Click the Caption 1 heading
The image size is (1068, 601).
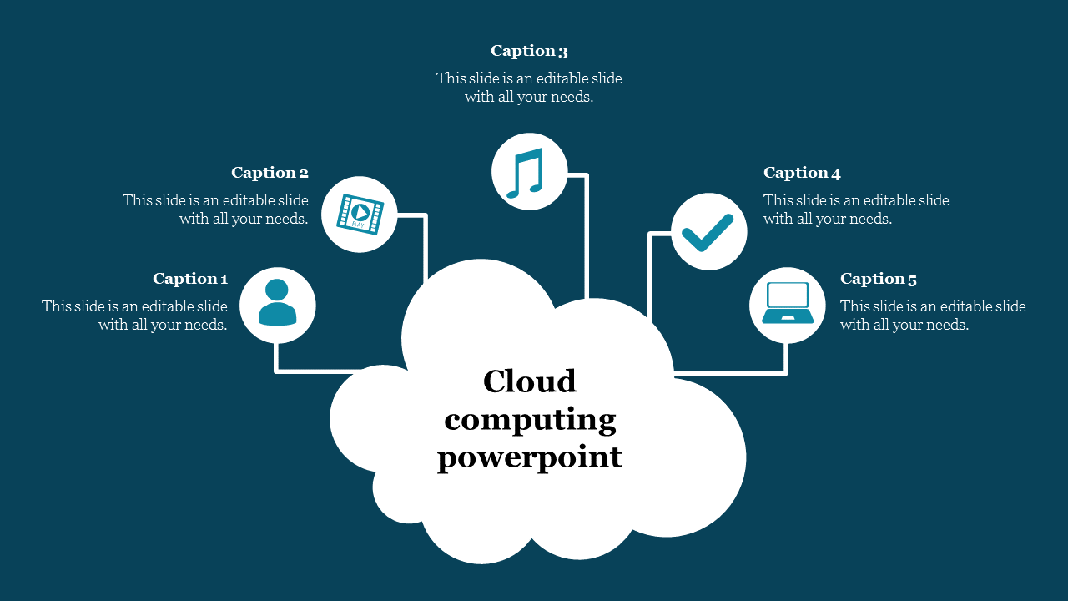pos(190,279)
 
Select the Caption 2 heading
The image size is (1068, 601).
pos(270,173)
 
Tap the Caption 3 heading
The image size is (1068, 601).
pos(529,51)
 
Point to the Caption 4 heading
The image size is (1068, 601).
pos(802,173)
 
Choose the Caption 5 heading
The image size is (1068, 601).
pos(879,279)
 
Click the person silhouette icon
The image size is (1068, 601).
pos(278,304)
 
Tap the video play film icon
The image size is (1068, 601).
pos(360,214)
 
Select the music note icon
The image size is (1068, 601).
pos(529,172)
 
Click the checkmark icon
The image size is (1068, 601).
pos(708,232)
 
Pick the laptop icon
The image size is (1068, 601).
pos(787,305)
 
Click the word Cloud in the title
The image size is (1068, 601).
pos(530,381)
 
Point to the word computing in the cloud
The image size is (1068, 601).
pos(530,419)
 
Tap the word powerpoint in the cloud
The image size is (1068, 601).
pos(530,457)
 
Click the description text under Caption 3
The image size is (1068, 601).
pos(529,88)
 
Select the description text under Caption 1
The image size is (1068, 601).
pos(135,316)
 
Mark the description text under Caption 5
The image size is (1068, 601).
pos(933,316)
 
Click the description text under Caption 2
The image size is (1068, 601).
pos(215,210)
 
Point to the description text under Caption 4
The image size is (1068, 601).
pos(856,210)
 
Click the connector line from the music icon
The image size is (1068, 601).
pos(587,242)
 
